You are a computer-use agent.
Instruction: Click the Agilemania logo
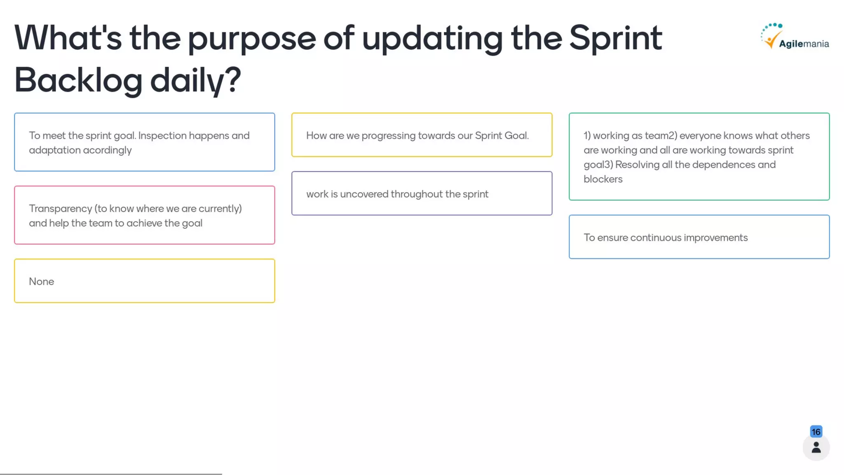pyautogui.click(x=795, y=37)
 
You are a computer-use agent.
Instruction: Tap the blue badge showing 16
pyautogui.click(x=816, y=432)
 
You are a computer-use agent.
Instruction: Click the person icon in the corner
pyautogui.click(x=816, y=448)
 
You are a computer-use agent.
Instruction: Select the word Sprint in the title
pyautogui.click(x=615, y=38)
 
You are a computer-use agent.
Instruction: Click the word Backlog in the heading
pyautogui.click(x=78, y=80)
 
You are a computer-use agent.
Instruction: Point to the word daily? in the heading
pyautogui.click(x=195, y=81)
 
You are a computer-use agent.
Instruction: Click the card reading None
pyautogui.click(x=144, y=281)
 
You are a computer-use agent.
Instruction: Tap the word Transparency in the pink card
pyautogui.click(x=60, y=209)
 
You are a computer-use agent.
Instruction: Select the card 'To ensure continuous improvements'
pyautogui.click(x=699, y=237)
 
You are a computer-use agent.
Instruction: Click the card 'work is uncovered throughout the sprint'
pyautogui.click(x=422, y=194)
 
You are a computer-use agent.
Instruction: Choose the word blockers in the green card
pyautogui.click(x=603, y=179)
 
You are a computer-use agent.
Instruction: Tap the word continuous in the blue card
pyautogui.click(x=656, y=238)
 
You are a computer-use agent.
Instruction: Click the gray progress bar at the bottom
pyautogui.click(x=111, y=474)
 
